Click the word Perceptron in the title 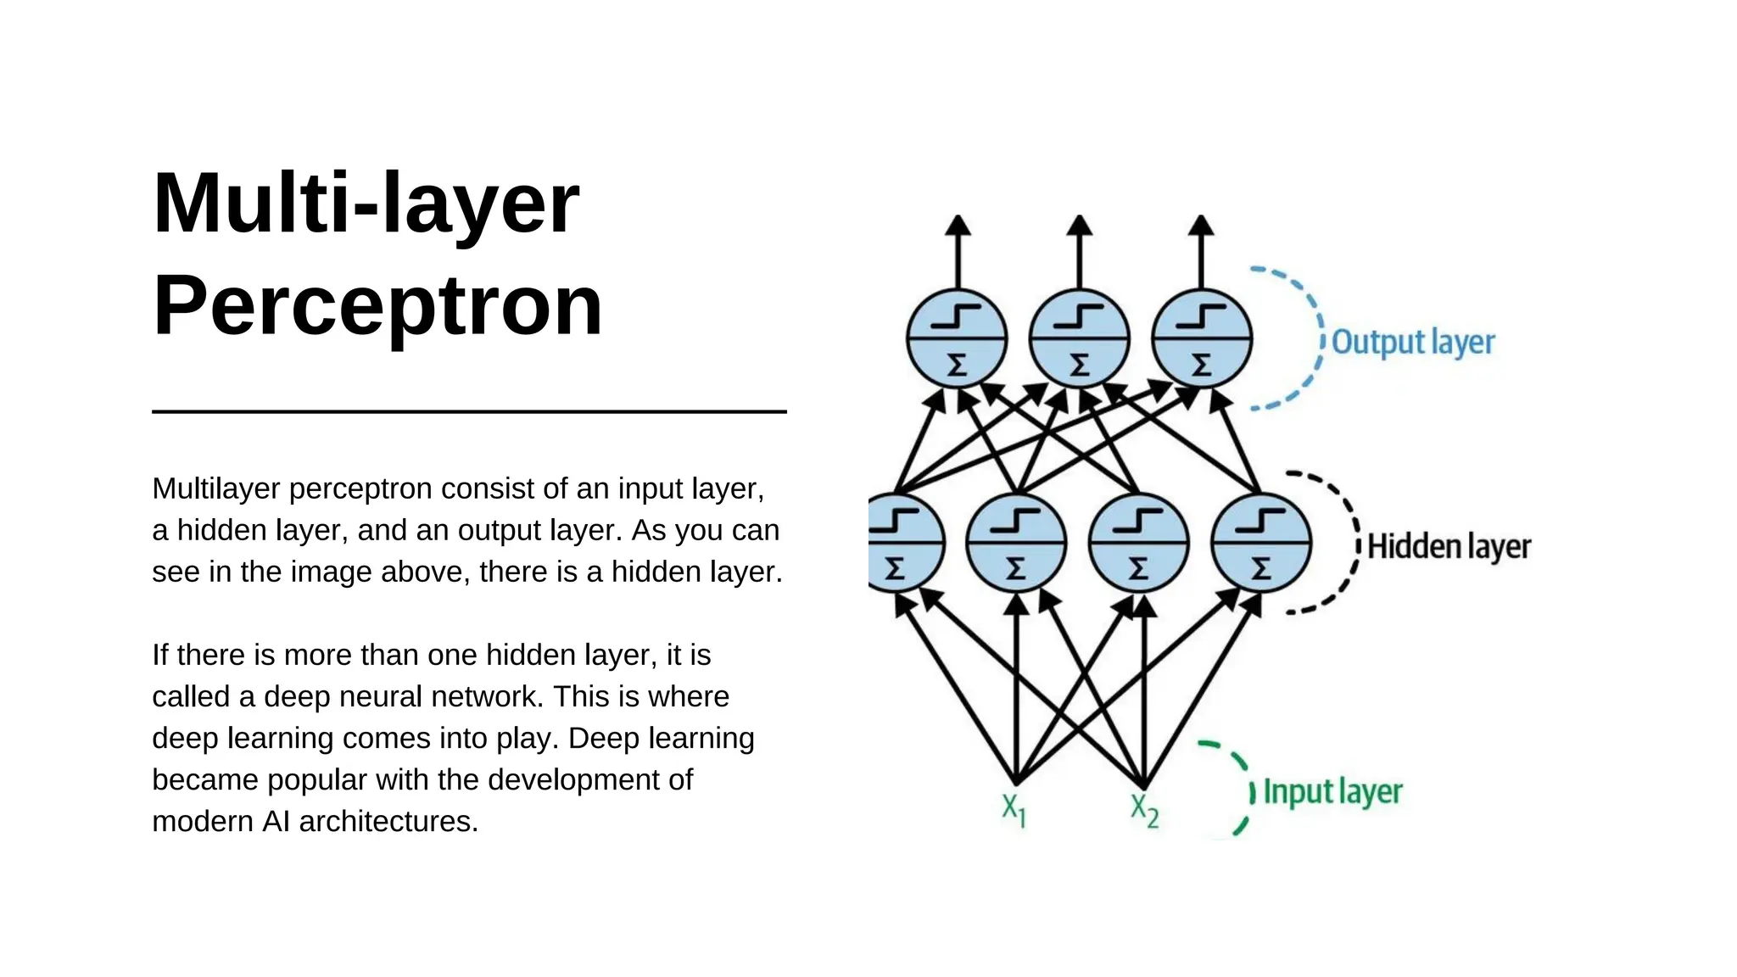coord(377,307)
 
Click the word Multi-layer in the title coord(366,204)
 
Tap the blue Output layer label coord(1412,342)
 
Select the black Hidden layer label coord(1449,546)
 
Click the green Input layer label coord(1332,791)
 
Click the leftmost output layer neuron coord(957,338)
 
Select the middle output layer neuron coord(1079,338)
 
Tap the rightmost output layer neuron coord(1201,338)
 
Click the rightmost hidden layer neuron coord(1261,543)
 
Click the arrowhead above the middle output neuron coord(1079,226)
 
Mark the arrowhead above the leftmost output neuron coord(958,226)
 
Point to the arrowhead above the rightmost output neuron coord(1201,226)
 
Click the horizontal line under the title coord(469,411)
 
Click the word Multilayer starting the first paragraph coord(216,488)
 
